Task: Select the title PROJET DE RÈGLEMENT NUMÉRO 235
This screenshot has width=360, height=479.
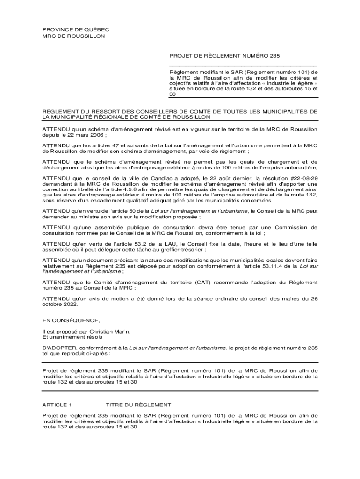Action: (x=224, y=56)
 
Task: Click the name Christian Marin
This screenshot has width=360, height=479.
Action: (x=110, y=331)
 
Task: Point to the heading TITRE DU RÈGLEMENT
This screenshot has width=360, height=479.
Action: (x=138, y=405)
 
